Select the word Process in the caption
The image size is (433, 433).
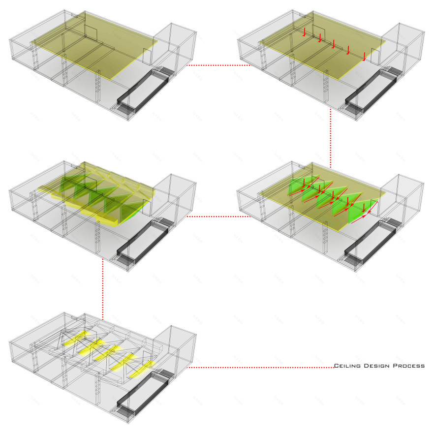409,366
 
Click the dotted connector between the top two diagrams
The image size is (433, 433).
218,65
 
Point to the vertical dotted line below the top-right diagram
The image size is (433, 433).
331,138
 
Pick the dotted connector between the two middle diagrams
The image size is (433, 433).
218,216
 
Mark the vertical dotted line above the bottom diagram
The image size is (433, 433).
103,289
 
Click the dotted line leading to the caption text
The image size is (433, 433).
261,368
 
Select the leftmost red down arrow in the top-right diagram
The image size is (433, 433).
304,32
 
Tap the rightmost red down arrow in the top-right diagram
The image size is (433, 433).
364,57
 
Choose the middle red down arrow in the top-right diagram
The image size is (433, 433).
334,44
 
